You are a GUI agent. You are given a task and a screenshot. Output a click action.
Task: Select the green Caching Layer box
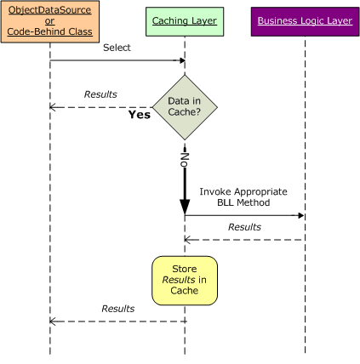pos(184,20)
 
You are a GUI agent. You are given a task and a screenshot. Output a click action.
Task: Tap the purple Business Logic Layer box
pos(303,20)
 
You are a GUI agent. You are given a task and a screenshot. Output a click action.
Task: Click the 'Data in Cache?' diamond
pos(185,106)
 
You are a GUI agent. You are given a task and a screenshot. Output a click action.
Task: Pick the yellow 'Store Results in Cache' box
pos(185,280)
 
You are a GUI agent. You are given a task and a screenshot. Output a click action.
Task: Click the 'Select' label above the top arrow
pos(117,48)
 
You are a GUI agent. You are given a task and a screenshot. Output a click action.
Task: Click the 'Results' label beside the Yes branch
pos(100,94)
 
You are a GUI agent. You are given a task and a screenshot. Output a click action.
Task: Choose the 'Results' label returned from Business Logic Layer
pos(244,227)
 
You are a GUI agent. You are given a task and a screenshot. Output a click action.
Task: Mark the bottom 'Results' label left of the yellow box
pos(117,308)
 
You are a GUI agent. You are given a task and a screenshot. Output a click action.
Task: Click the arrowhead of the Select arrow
pos(181,61)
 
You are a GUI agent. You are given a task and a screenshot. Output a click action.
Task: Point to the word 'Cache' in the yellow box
pos(185,291)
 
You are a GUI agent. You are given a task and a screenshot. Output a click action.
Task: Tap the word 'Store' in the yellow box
pos(185,269)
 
